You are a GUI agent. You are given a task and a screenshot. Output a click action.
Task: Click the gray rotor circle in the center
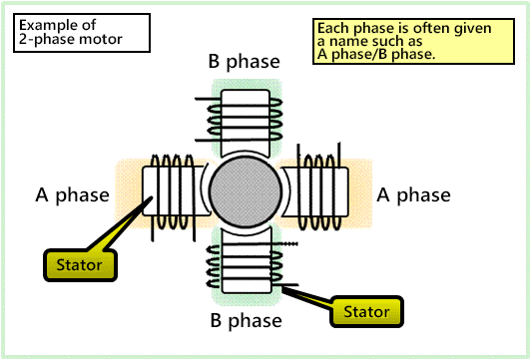click(245, 193)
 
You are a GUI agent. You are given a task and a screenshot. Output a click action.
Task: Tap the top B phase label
click(245, 62)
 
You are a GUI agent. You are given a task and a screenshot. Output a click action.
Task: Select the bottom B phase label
click(245, 321)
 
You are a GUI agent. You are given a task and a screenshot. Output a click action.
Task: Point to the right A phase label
click(412, 194)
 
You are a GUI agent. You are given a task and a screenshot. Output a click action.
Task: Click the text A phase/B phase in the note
click(375, 54)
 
